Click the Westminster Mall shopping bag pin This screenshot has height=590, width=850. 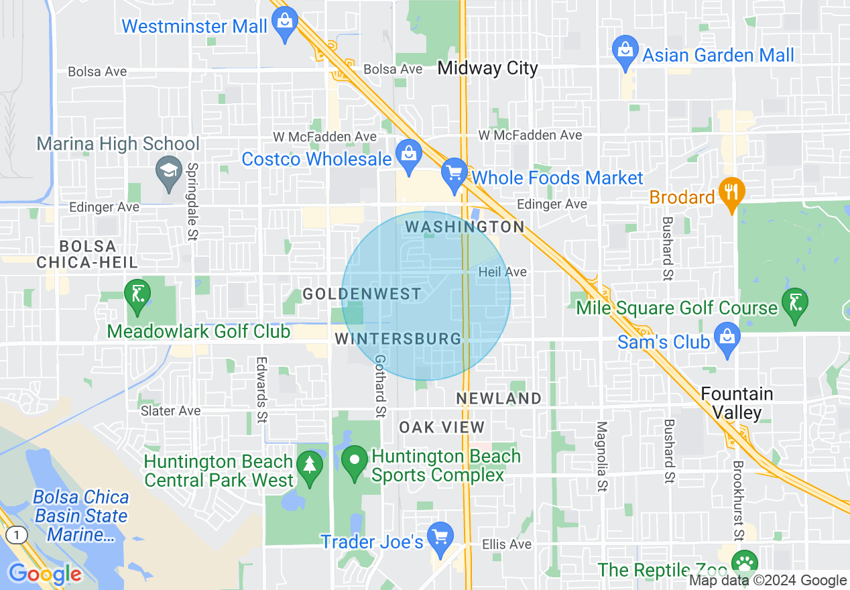pos(285,24)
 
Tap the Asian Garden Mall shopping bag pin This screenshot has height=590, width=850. pos(625,52)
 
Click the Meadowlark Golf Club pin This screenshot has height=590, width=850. pos(138,296)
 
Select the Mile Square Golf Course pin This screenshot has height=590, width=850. pos(795,304)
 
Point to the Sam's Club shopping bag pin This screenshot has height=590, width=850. pos(727,339)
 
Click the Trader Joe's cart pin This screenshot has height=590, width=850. pos(440,539)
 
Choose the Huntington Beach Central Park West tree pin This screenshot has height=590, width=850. pos(310,467)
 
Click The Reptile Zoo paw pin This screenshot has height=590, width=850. pos(743,563)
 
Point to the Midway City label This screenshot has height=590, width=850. pos(487,68)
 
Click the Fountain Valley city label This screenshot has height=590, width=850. pos(737,402)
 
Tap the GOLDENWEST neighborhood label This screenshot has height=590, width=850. pos(362,294)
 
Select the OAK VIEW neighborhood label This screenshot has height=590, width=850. pos(441,427)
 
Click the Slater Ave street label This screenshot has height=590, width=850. pos(170,411)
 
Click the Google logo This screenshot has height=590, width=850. pos(45,574)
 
